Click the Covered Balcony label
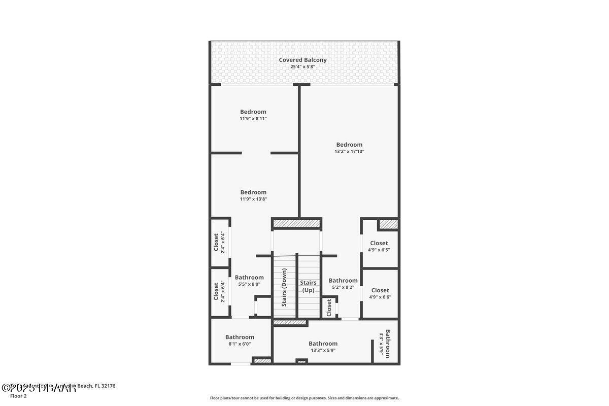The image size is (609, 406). [302, 60]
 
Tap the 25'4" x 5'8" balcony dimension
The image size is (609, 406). [302, 67]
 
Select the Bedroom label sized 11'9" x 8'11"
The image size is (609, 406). [253, 112]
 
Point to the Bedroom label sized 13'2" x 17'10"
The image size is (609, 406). [349, 145]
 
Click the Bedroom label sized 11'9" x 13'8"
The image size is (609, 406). [253, 192]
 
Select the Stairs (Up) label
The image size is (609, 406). [308, 286]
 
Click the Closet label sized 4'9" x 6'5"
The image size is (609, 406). [379, 243]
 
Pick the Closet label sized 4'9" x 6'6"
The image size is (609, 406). [380, 290]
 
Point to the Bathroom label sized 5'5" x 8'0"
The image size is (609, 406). [249, 277]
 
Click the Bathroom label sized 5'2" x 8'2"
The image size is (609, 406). [343, 281]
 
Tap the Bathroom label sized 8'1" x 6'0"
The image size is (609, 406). [240, 337]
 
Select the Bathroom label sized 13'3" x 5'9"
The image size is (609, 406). [323, 344]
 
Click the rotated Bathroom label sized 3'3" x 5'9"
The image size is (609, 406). [388, 344]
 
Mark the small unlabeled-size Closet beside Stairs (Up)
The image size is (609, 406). [329, 307]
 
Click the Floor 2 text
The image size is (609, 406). [18, 396]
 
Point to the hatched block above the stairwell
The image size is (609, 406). [297, 223]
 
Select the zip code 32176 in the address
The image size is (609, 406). [109, 386]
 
